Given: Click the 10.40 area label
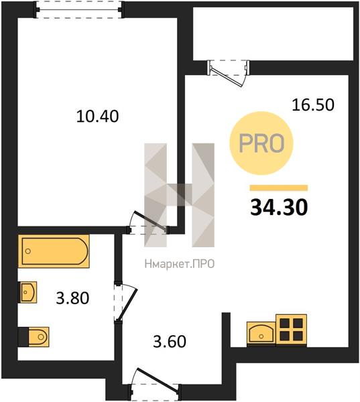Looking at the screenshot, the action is point(97,116).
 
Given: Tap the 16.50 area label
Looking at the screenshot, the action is point(313,105).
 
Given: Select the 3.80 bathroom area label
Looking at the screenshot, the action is point(72,298).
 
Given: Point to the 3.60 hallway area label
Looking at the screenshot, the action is point(170,342).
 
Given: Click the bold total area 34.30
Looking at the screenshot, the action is point(279,208).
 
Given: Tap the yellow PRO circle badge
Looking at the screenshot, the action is point(261,143).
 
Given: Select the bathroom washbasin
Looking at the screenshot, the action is point(27,292).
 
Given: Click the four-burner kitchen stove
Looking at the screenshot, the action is point(291,330).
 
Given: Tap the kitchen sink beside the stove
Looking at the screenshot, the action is point(261,333).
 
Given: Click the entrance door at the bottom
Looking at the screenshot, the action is point(155,385).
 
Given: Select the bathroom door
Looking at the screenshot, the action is point(126,301).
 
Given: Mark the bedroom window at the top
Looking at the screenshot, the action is point(79,10).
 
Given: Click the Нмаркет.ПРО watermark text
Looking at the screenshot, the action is point(180,264).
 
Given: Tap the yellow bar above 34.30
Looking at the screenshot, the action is point(279,188).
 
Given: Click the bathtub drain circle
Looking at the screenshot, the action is point(28,251).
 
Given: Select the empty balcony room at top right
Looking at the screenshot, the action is point(274,33).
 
